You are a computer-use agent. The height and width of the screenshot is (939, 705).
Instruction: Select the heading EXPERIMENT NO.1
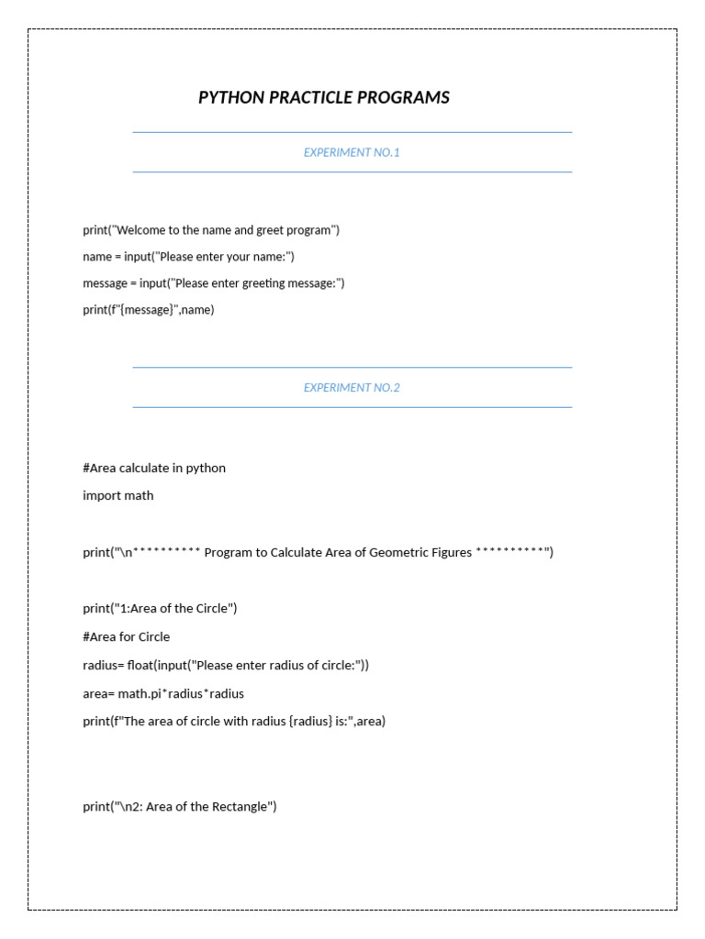(x=352, y=152)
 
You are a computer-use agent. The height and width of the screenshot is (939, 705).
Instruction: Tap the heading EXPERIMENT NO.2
(x=352, y=387)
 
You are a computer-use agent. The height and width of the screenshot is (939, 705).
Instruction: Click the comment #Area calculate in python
(x=154, y=468)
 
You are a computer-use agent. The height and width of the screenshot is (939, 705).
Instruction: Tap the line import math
(x=118, y=495)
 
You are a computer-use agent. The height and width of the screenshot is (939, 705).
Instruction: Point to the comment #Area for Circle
(x=127, y=636)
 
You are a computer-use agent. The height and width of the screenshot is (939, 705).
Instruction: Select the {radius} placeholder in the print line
(x=310, y=721)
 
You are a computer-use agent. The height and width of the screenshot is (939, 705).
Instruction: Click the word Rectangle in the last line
(x=241, y=806)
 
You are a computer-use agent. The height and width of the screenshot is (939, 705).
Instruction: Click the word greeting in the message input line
(x=265, y=282)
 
